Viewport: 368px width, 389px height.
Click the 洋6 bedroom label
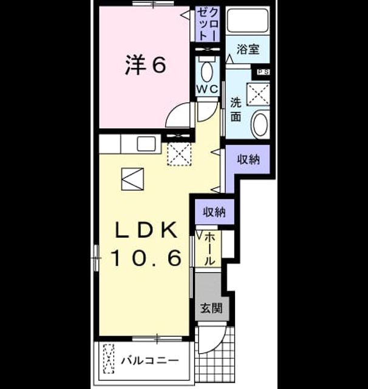point(145,65)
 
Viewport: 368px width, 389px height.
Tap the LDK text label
point(146,230)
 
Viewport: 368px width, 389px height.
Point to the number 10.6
point(146,258)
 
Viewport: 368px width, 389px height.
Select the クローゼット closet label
point(208,24)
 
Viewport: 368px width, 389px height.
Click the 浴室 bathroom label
point(248,49)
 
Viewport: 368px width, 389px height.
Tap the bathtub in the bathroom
point(248,21)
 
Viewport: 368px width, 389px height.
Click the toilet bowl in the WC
point(207,72)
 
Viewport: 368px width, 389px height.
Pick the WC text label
point(208,89)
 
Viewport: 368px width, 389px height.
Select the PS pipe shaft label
point(263,72)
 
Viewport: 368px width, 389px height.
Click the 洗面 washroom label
point(236,109)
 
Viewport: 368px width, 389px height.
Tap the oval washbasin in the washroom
point(260,124)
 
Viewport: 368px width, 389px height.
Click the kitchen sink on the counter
point(146,143)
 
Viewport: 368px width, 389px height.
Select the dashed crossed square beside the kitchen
point(179,154)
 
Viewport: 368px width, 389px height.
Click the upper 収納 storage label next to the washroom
point(248,159)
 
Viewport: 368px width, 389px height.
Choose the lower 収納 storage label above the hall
point(214,212)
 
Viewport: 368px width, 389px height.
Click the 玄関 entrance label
point(211,308)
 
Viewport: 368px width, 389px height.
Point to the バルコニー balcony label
point(149,360)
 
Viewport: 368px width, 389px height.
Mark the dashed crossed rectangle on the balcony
point(109,359)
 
